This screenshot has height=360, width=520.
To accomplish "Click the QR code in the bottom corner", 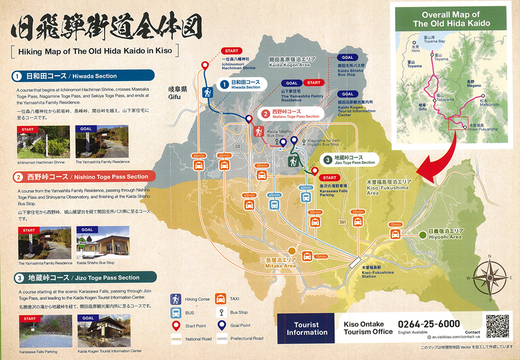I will (x=497, y=326).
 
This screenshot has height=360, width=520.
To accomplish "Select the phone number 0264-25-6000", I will (x=429, y=324).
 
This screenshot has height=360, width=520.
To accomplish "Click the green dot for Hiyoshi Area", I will (x=422, y=234).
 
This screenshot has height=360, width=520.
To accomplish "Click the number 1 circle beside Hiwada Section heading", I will (x=17, y=76).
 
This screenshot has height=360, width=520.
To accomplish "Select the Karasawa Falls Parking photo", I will (x=38, y=330).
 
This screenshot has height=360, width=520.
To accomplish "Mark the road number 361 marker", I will (x=344, y=222).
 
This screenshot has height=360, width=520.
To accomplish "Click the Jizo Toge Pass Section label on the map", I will (x=350, y=160).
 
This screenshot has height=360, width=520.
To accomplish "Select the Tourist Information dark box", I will (x=307, y=328).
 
